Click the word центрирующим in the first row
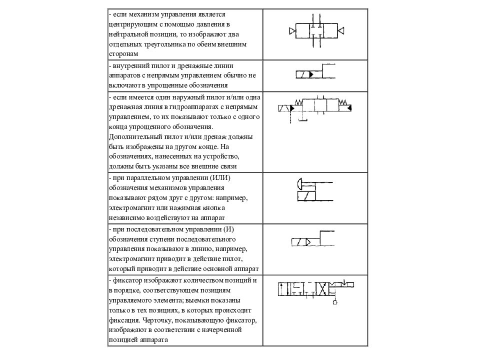click(x=131, y=24)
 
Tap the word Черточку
click(x=161, y=320)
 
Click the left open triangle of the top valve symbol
click(x=292, y=31)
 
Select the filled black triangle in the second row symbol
click(x=311, y=74)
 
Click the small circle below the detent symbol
click(x=334, y=302)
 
